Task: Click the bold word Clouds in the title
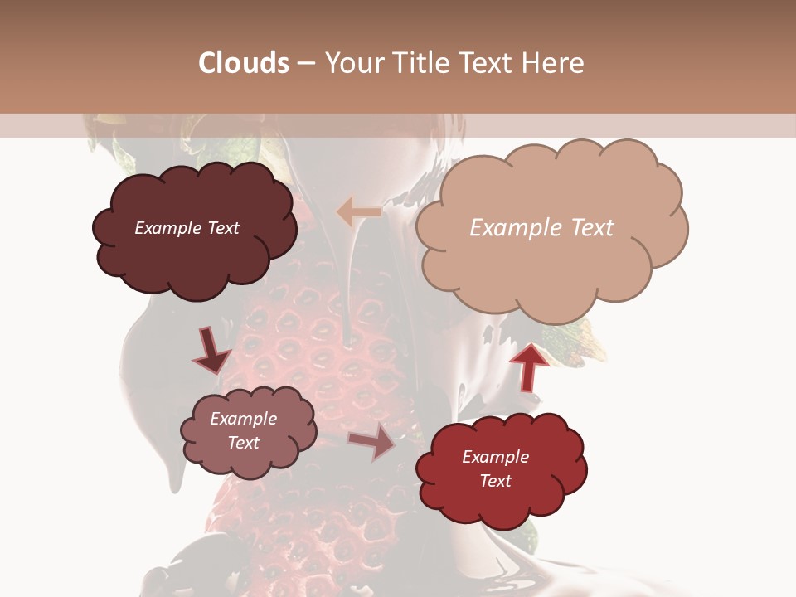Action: click(244, 63)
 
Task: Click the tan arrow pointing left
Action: click(358, 212)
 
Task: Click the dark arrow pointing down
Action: click(211, 350)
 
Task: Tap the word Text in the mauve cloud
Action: click(243, 443)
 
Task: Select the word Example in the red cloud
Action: click(495, 457)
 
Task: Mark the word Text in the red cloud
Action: click(495, 481)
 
